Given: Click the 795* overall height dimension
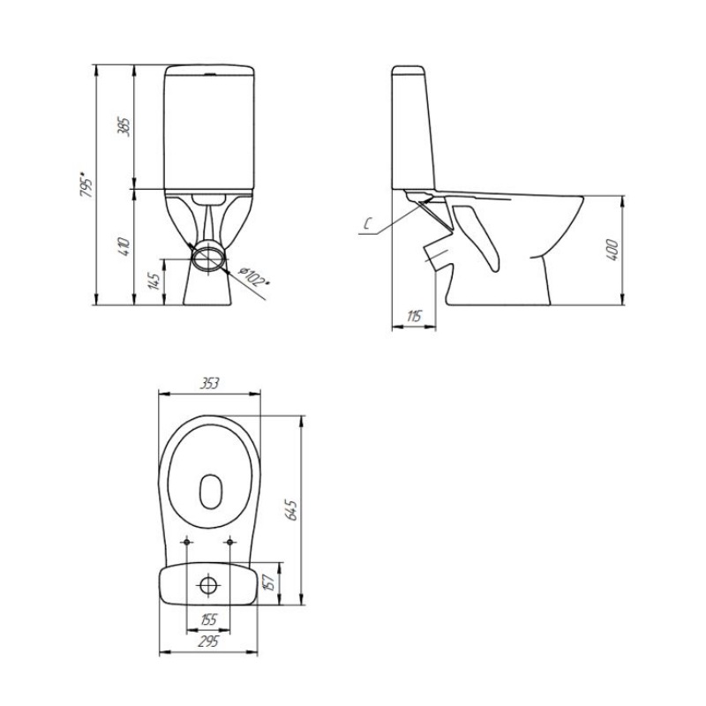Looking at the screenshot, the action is [86, 184].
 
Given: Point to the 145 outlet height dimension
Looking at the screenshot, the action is [155, 282].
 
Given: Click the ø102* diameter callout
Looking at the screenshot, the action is [253, 276].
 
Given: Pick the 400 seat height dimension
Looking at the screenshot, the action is [612, 251].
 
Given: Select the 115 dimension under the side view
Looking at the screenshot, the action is [414, 317].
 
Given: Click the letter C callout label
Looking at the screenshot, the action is [367, 224].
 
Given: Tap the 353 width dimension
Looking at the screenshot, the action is [209, 384].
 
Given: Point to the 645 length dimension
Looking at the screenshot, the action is [292, 510].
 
